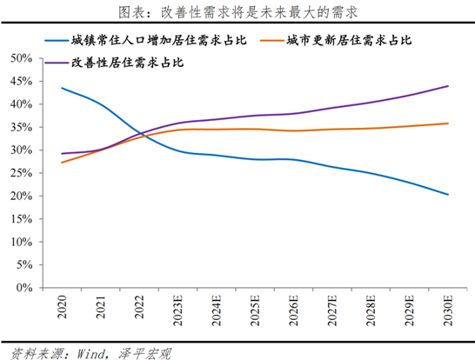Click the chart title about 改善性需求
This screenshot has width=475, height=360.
click(237, 11)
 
